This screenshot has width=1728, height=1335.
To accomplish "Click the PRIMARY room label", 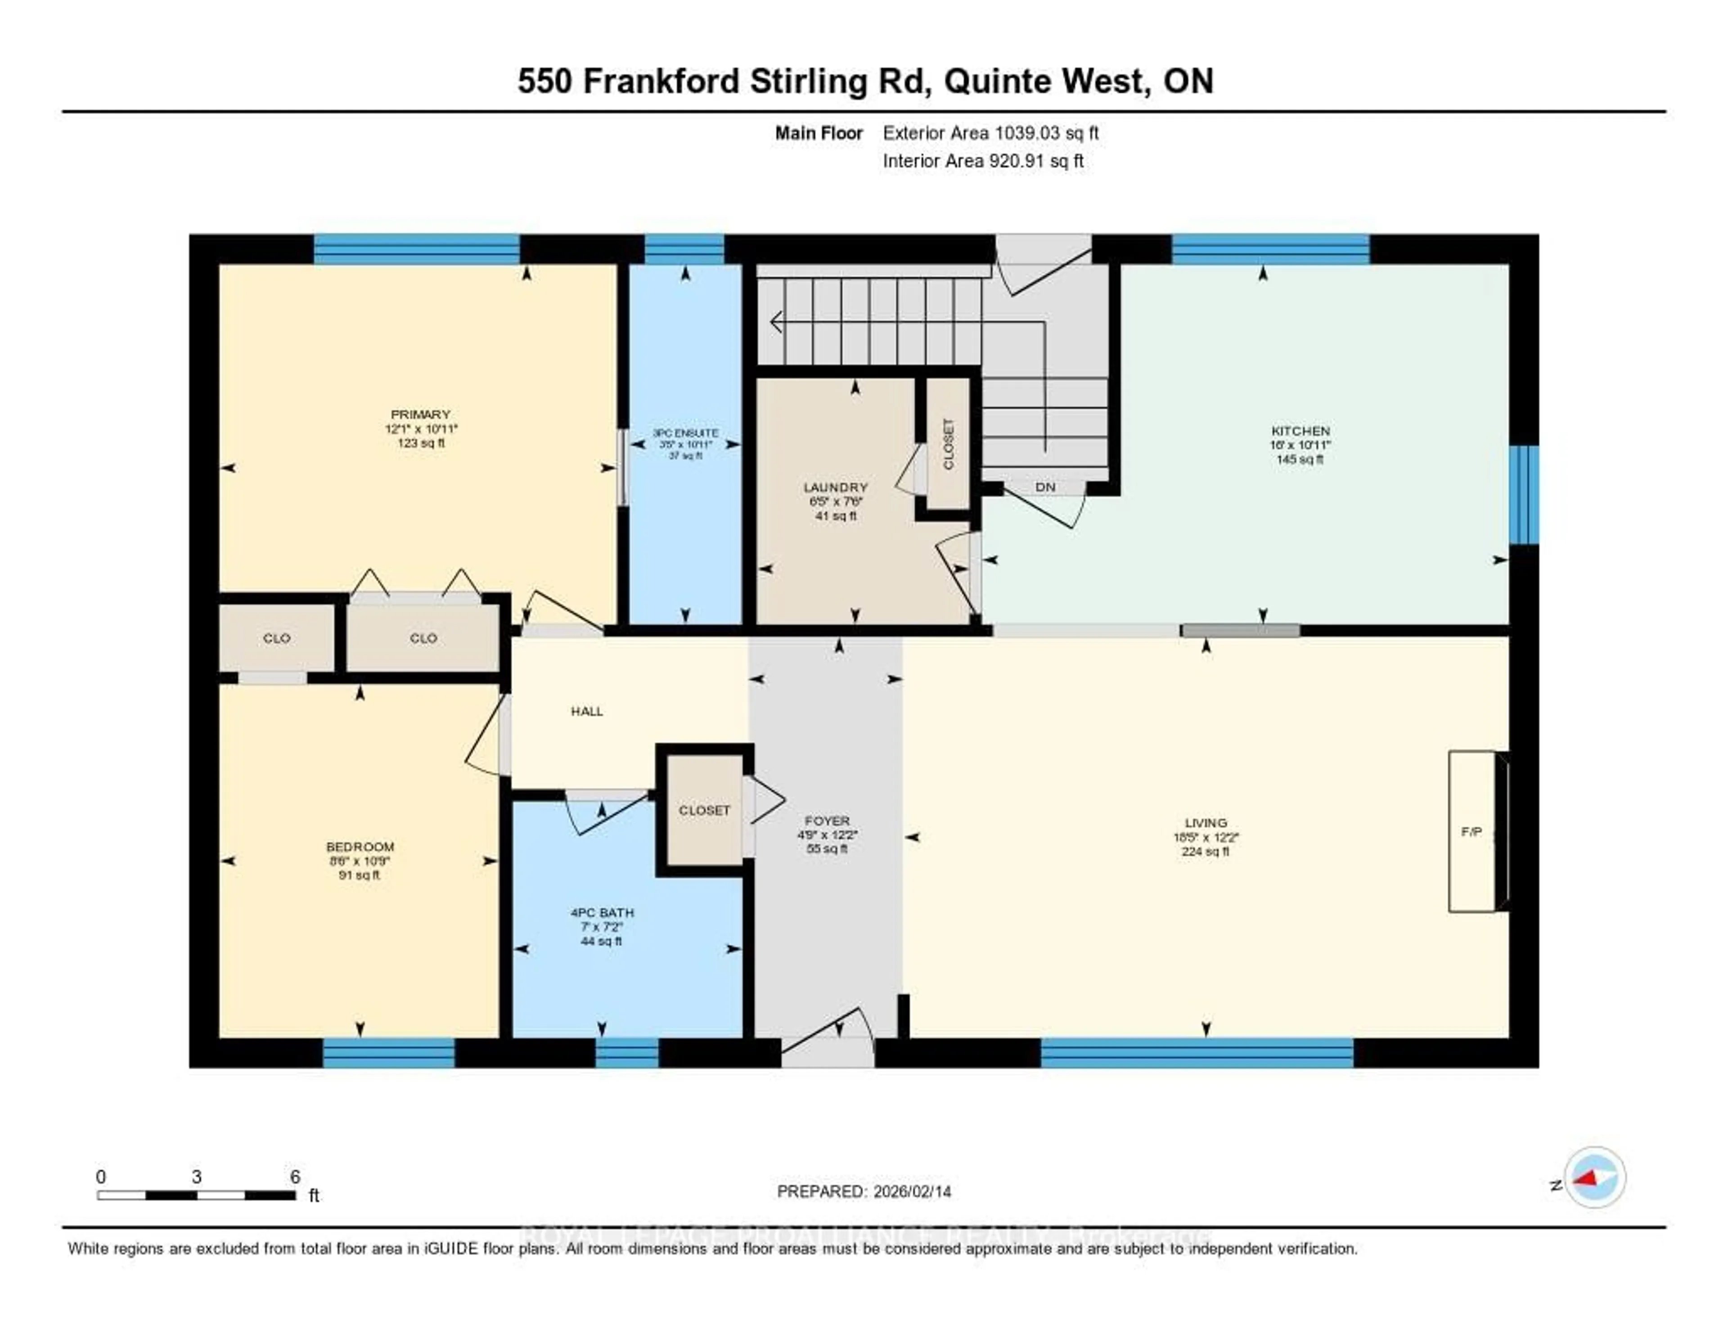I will (420, 415).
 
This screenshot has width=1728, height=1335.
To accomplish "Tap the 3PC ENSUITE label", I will (685, 433).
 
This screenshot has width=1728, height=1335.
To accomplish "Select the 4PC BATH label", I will (602, 912).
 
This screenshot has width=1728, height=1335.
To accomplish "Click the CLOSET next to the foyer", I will (704, 810).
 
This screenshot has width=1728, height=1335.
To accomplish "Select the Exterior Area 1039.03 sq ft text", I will (990, 133).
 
